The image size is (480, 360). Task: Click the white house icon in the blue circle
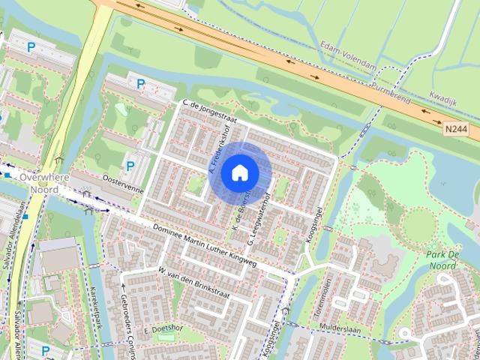(x=239, y=172)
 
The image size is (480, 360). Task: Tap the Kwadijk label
(x=445, y=97)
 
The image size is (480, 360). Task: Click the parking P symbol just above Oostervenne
(x=130, y=166)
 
